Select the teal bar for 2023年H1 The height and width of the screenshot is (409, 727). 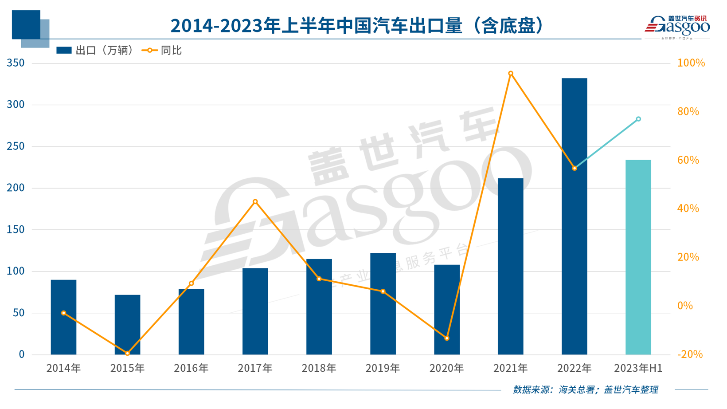638,257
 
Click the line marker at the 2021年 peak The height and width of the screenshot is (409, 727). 511,74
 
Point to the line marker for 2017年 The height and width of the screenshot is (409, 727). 255,202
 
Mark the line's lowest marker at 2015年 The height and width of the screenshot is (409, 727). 128,354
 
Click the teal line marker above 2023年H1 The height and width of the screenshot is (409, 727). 638,119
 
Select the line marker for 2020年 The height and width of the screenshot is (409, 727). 447,338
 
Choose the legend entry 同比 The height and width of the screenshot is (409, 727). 162,51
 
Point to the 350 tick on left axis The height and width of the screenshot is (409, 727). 16,63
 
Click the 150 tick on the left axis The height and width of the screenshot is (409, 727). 16,230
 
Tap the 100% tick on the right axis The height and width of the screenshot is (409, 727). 691,63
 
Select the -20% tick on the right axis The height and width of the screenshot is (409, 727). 690,354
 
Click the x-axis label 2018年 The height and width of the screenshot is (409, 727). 319,368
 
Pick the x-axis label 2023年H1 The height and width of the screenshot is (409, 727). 638,368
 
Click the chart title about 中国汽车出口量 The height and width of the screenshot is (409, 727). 357,26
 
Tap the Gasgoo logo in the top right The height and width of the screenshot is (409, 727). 677,26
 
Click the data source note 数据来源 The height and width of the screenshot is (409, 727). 585,389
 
